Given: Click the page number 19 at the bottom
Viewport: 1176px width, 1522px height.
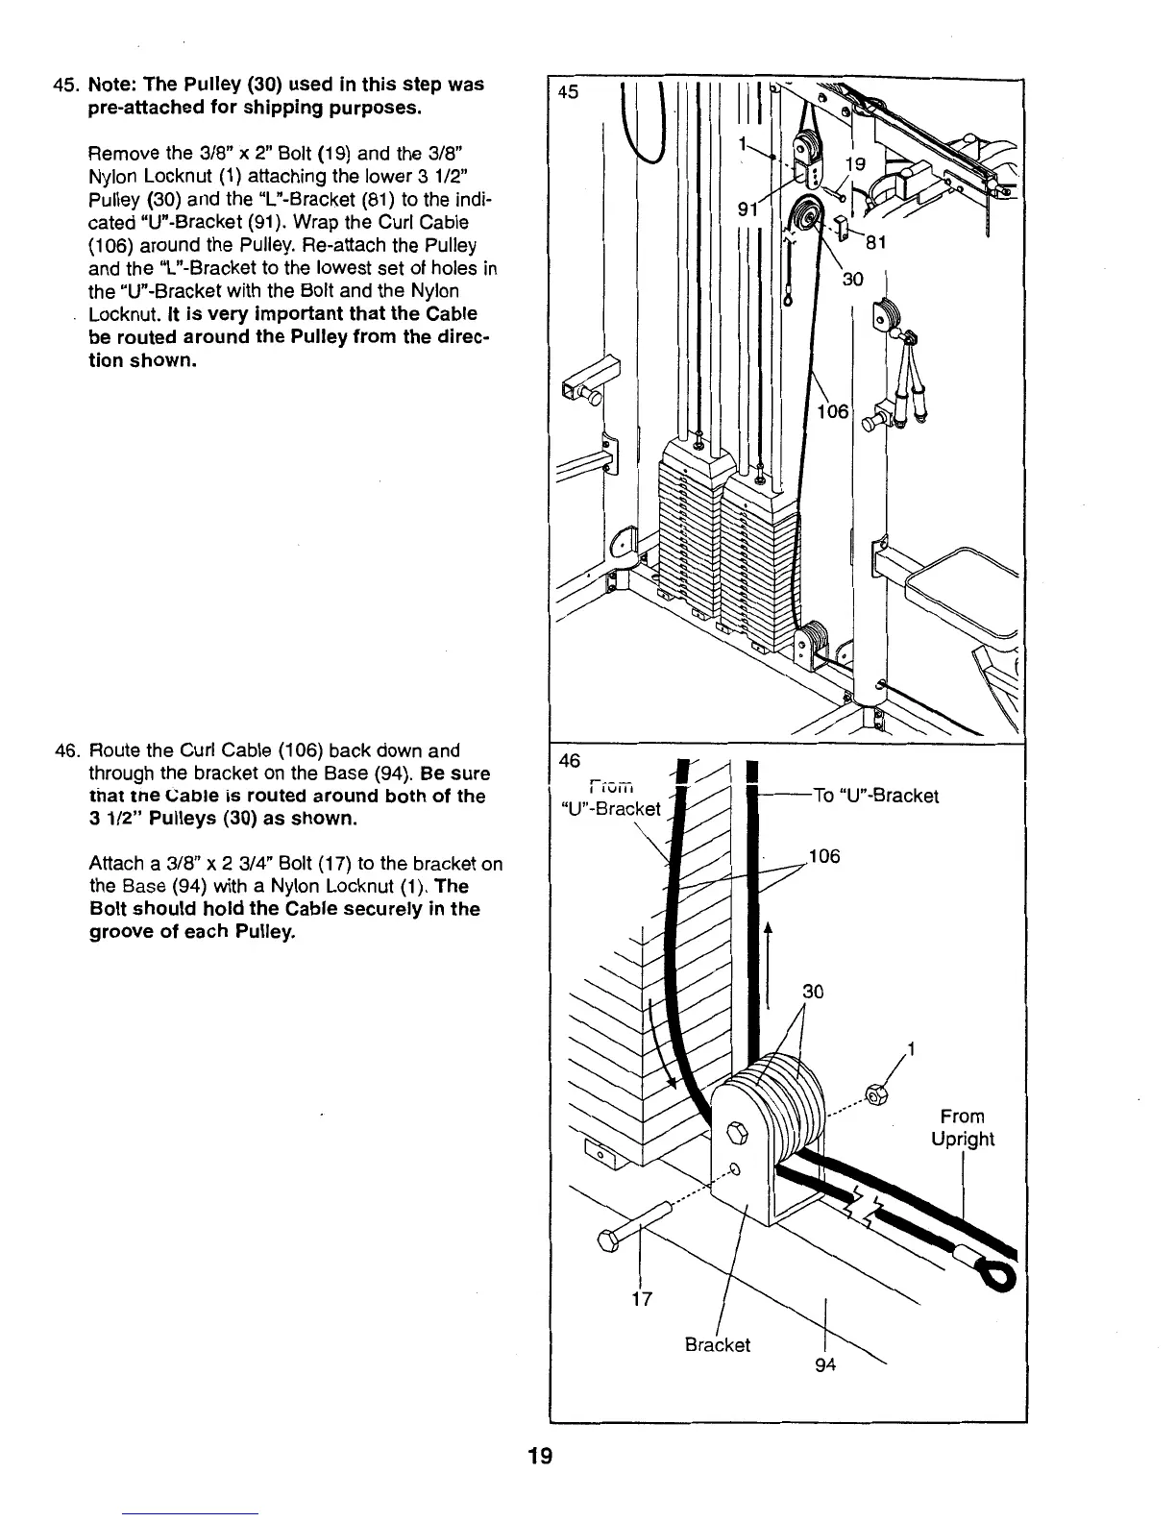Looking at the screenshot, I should coord(541,1457).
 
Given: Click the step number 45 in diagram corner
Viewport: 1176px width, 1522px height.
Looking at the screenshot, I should coord(569,93).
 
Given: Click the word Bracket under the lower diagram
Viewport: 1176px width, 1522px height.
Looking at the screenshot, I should coord(717,1344).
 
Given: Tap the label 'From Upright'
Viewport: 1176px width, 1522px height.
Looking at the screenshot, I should coord(962,1128).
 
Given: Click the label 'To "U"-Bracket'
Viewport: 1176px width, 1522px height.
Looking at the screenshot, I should coord(875,796).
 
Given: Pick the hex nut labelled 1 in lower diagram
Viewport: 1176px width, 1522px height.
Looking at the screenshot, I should coord(875,1093).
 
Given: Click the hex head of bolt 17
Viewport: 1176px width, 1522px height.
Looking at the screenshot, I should coord(608,1240).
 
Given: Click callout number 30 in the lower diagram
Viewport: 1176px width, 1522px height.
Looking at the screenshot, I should coord(813,991).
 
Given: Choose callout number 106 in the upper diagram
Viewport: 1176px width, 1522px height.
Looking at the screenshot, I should coord(832,411).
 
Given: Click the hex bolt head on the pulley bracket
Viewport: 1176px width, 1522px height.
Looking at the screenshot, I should coord(737,1131).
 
